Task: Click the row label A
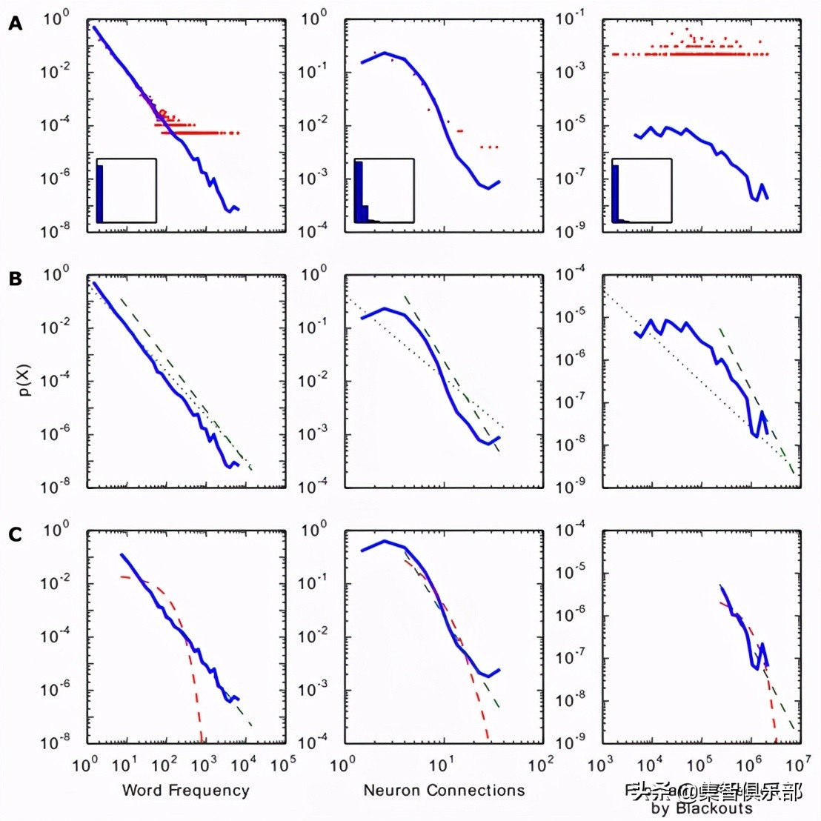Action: [x=16, y=24]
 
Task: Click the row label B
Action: [x=16, y=279]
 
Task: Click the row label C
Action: [x=16, y=534]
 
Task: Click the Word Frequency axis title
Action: [x=185, y=790]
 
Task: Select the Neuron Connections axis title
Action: [x=444, y=790]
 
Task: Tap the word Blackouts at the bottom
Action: [x=714, y=808]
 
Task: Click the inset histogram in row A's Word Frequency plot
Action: [x=126, y=190]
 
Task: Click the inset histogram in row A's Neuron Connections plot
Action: [x=384, y=190]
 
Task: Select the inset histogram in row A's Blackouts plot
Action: [x=642, y=190]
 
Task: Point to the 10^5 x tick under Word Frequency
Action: [x=282, y=764]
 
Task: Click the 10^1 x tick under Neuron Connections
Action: [x=442, y=764]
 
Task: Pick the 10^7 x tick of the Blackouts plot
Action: [x=798, y=764]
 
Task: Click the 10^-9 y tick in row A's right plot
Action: [x=571, y=230]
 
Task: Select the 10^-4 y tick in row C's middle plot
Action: [x=313, y=742]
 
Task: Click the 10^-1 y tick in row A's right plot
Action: [x=571, y=18]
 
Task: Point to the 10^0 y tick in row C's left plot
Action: [x=56, y=530]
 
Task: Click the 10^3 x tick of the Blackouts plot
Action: [x=601, y=764]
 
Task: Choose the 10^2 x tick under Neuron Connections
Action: [x=540, y=764]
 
